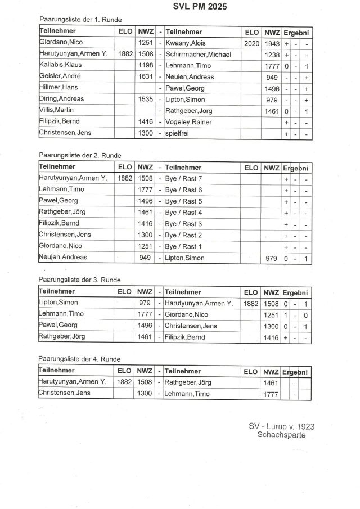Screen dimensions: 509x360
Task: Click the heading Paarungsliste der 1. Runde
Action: [x=79, y=20]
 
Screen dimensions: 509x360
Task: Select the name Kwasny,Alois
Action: [x=187, y=43]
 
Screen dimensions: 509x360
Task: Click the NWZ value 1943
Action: [x=272, y=43]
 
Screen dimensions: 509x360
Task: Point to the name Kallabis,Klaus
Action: [x=60, y=66]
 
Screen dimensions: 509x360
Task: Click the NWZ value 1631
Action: [x=145, y=77]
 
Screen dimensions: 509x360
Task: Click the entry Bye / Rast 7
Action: [x=184, y=178]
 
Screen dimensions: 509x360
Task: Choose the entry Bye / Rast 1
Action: [x=184, y=247]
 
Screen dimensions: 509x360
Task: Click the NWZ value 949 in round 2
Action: [x=145, y=258]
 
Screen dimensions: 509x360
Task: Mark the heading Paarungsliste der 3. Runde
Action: [x=79, y=280]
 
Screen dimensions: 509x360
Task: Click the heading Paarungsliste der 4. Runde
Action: [x=79, y=359]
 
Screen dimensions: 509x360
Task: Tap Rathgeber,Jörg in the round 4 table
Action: [x=188, y=382]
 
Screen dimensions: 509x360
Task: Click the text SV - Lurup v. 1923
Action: [x=281, y=427]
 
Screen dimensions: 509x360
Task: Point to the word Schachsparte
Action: [x=281, y=435]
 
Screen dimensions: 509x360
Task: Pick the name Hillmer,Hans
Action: [x=58, y=88]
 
